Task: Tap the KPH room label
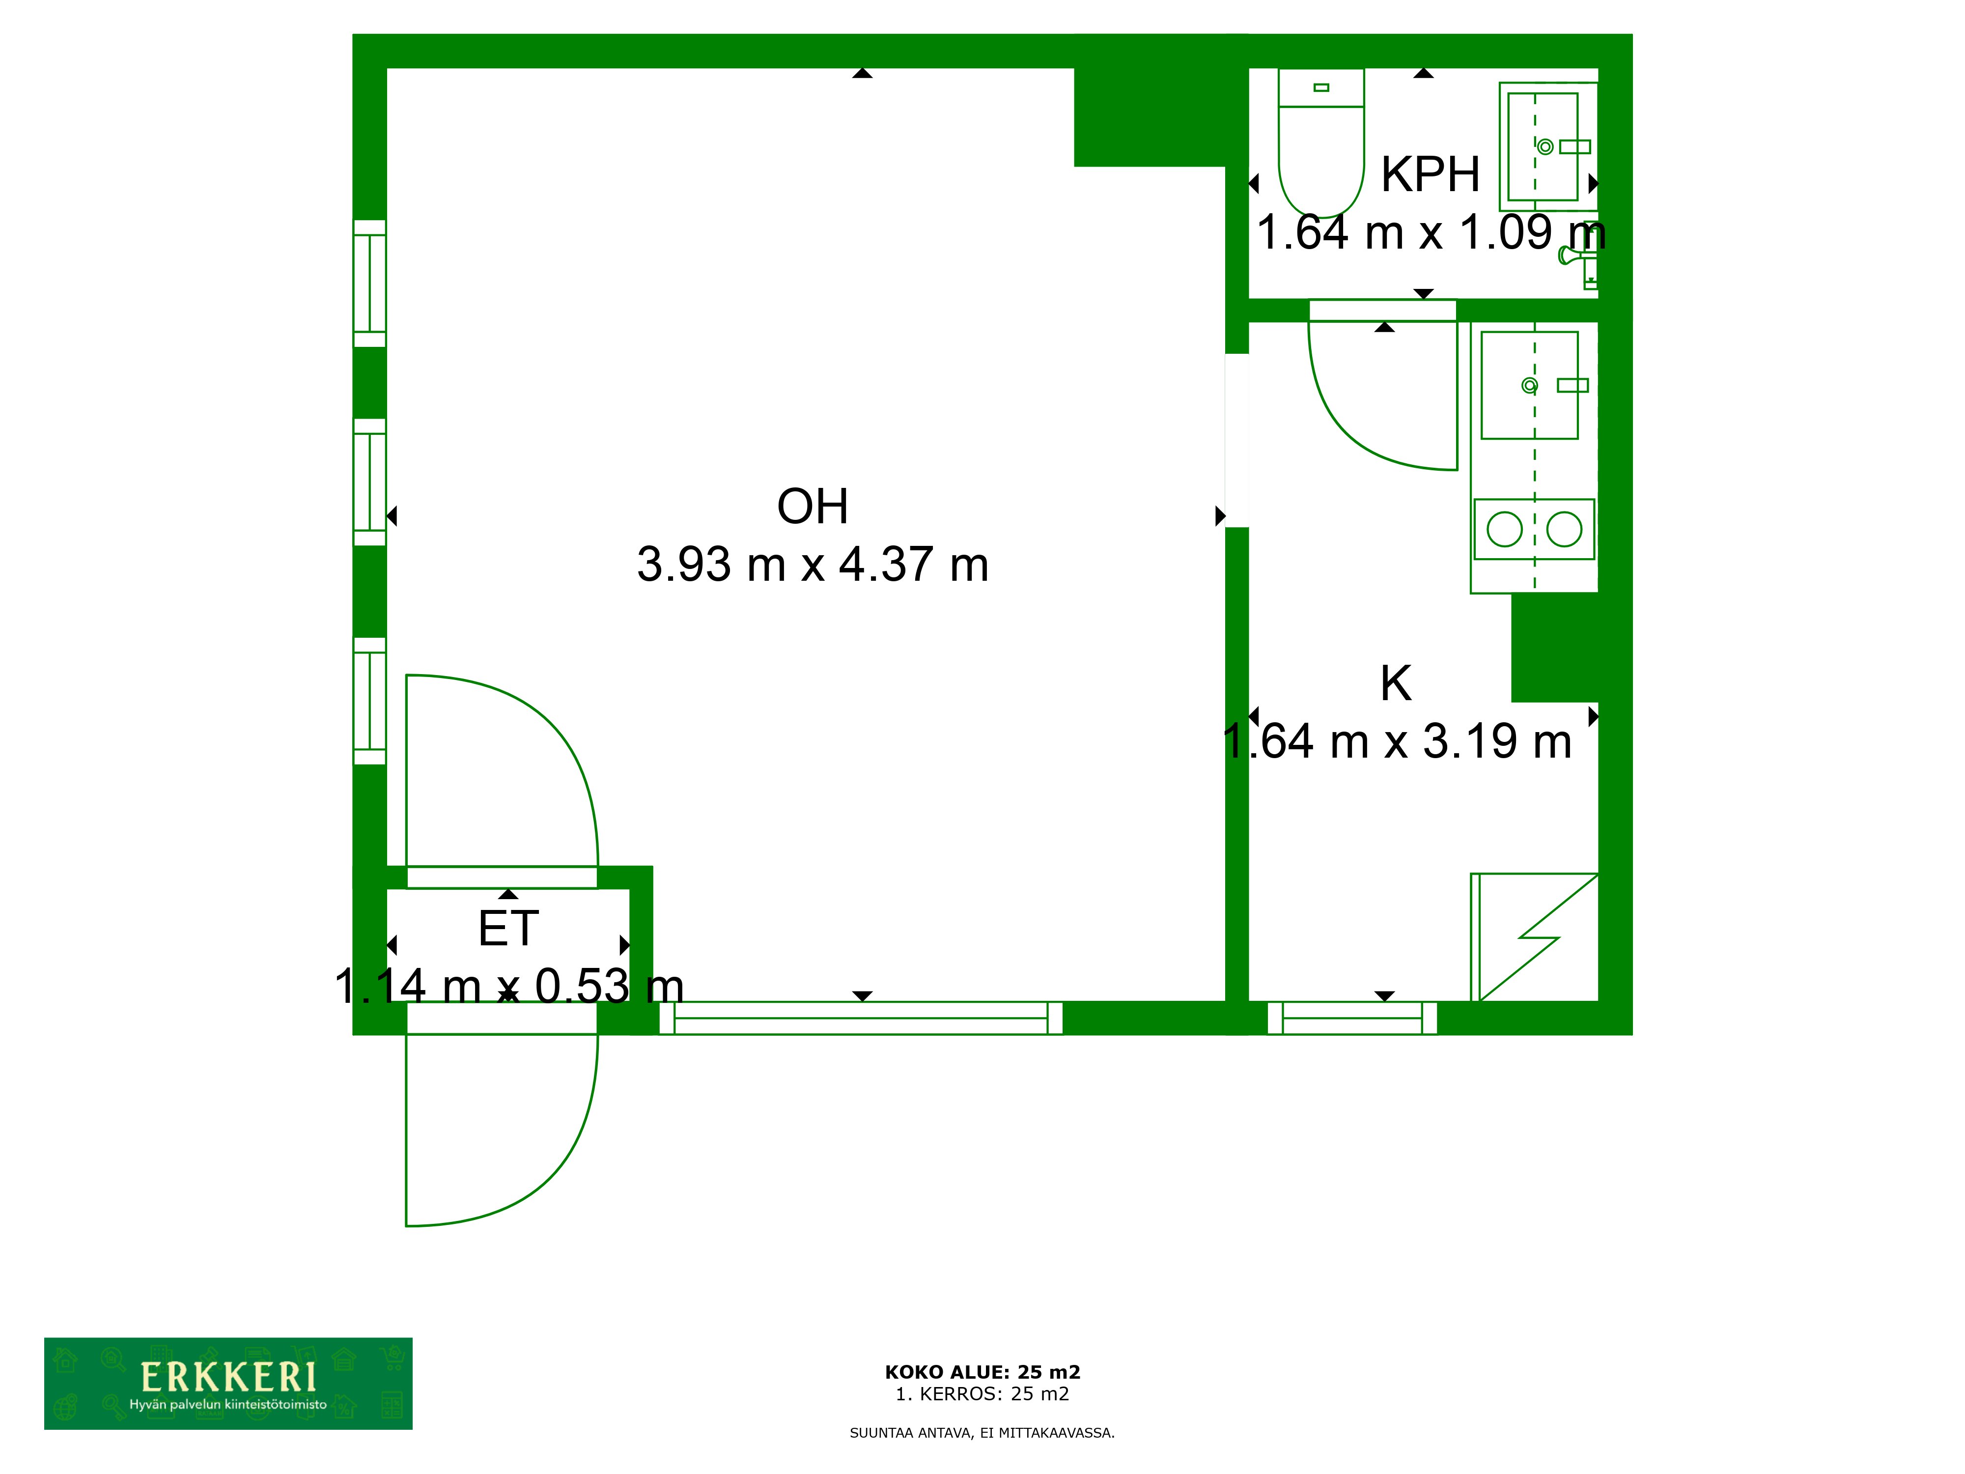pos(1430,174)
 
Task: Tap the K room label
pos(1396,683)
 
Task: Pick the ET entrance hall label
pos(508,930)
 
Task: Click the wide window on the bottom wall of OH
pos(860,1018)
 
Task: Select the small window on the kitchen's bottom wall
pos(1352,1018)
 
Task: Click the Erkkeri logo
pos(228,1384)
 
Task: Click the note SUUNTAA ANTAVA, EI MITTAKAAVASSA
pos(982,1433)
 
